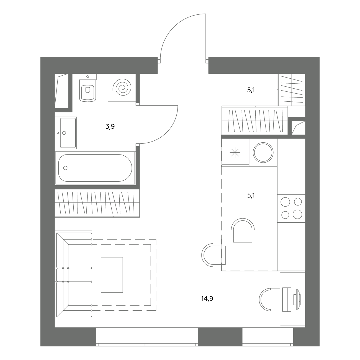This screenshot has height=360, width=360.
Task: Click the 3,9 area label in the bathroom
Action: pos(110,127)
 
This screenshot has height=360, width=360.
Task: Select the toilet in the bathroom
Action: pos(88,88)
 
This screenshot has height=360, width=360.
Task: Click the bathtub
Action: pos(95,168)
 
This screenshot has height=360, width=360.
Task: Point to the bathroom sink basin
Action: pos(68,133)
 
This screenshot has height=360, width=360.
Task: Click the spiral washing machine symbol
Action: pos(122,88)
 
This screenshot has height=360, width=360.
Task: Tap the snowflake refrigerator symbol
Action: pos(235,152)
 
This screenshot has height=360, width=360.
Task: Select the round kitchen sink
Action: pos(263,153)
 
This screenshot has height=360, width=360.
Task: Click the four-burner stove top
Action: pos(291,208)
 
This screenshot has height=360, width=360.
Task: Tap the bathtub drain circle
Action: pos(65,168)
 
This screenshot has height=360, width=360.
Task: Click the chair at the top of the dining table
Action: pos(243,230)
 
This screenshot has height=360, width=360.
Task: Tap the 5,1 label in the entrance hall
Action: pos(251,90)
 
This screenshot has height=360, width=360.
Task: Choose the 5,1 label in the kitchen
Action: pos(251,196)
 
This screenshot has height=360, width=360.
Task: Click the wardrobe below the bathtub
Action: pos(97,203)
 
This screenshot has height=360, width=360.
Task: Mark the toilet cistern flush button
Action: pos(88,77)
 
